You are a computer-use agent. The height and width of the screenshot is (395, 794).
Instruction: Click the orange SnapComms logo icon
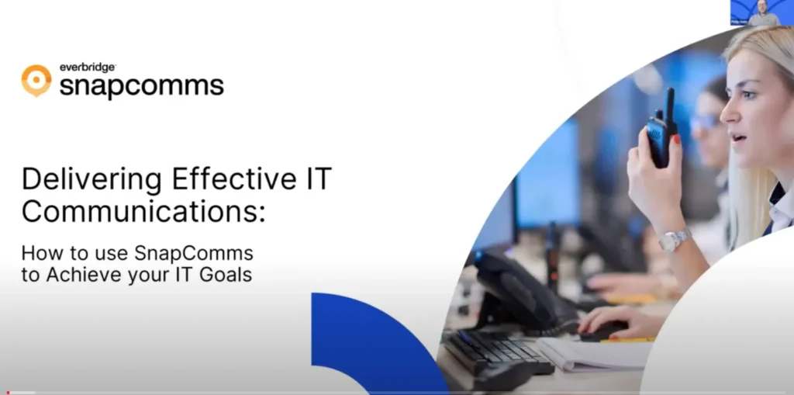36,81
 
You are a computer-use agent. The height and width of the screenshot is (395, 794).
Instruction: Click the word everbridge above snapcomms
88,68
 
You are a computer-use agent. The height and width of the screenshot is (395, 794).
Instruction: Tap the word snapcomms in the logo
141,85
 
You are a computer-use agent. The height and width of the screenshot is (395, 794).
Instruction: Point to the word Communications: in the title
143,212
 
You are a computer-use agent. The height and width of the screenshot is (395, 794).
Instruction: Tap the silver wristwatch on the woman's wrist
674,239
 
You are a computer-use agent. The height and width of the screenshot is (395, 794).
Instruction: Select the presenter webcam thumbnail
761,13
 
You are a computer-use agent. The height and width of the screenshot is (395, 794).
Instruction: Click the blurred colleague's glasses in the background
706,122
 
